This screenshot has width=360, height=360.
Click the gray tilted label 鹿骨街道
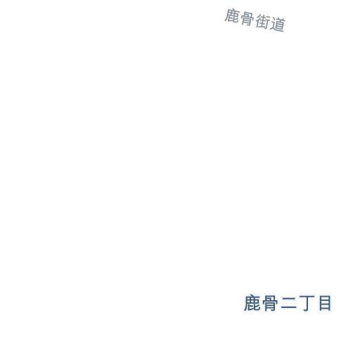pos(255,20)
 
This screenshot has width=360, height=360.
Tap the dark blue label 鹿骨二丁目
pos(288,303)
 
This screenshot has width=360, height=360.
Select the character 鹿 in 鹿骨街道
pos(232,16)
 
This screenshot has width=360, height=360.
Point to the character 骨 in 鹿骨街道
pos(247,18)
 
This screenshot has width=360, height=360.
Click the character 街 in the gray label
pos(262,22)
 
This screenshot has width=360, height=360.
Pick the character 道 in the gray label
pos(278,24)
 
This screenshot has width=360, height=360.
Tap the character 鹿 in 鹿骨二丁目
pos(252,303)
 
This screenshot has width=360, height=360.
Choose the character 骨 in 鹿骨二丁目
pos(270,303)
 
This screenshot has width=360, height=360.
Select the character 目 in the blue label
pos(325,303)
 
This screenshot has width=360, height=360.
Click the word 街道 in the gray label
pos(270,23)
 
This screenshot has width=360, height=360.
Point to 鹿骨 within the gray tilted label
pos(239,17)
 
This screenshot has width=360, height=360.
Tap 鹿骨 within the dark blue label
pos(261,303)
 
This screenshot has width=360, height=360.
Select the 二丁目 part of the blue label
pos(306,304)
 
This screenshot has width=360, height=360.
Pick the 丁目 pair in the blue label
pos(315,304)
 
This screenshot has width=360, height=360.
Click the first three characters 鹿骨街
pos(247,19)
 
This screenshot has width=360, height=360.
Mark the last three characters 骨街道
pos(263,22)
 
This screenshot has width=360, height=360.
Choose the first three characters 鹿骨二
pos(271,303)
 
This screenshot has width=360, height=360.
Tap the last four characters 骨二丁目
pos(297,303)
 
